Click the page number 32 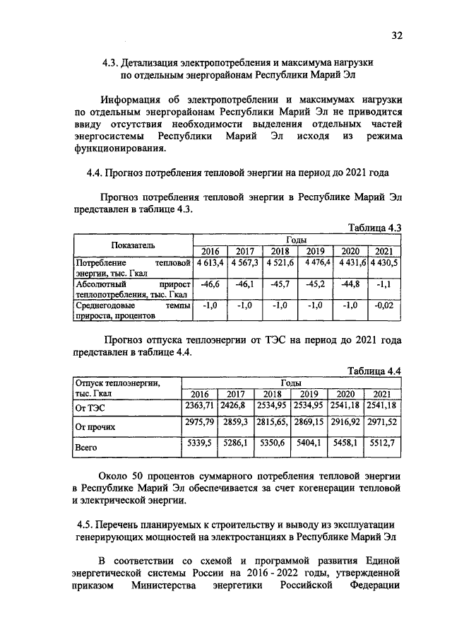(396, 36)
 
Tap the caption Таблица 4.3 (375, 228)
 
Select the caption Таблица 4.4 (375, 371)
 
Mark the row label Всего (87, 447)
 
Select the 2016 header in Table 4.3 (210, 250)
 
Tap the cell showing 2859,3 (235, 421)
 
